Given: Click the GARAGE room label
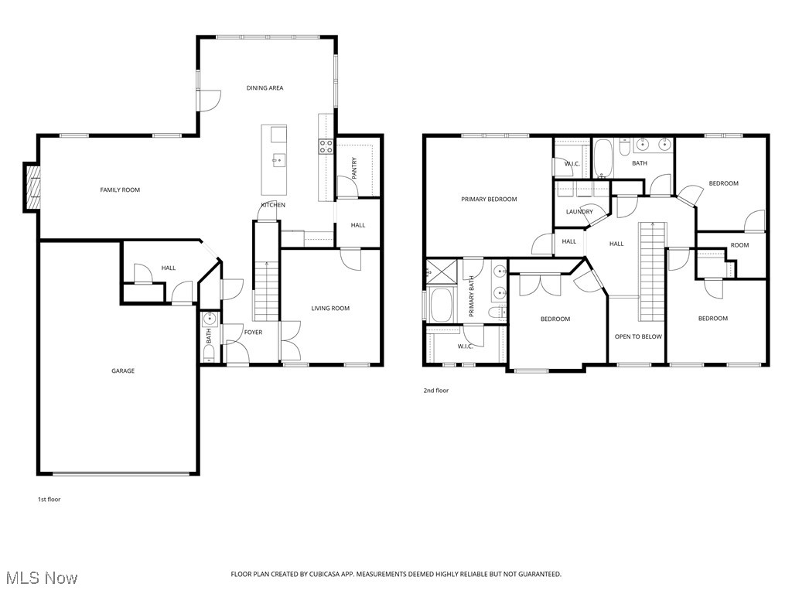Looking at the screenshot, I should (122, 370).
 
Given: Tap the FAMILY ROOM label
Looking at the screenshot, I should (120, 189).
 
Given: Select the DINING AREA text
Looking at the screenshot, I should (265, 88).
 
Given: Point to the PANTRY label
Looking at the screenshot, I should (354, 169).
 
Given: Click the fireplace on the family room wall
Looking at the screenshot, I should (32, 186).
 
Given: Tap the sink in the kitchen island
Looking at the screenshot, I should (278, 160).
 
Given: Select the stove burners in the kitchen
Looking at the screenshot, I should (326, 146).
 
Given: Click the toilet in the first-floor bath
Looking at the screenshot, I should (208, 353).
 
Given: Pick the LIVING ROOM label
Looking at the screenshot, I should (330, 309).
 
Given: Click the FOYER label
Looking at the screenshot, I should (253, 333).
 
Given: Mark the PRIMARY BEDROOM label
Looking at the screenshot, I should (489, 200).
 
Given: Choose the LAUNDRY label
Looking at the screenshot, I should (579, 212).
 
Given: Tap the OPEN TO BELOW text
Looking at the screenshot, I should (638, 336).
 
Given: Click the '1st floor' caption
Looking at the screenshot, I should (49, 500).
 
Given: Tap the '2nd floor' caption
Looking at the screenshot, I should (435, 391).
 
